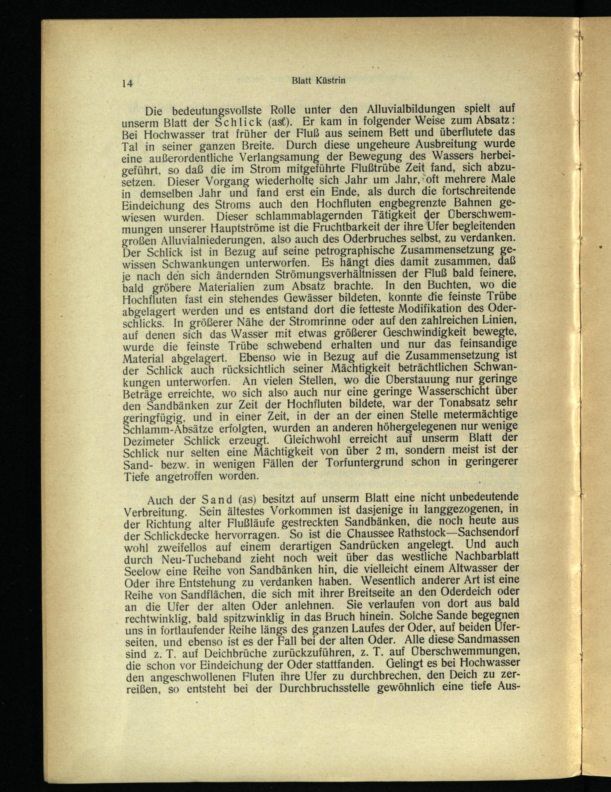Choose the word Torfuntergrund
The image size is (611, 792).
(369, 464)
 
